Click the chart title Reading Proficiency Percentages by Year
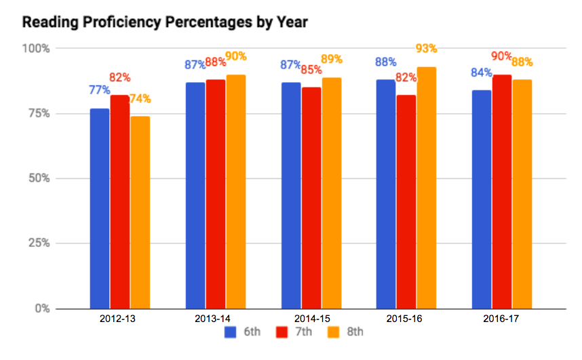pos(166,22)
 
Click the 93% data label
pos(426,49)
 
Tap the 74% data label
pos(140,99)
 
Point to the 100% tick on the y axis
pos(37,49)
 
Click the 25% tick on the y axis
pos(39,243)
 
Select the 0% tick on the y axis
pos(42,308)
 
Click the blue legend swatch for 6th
pos(231,332)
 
